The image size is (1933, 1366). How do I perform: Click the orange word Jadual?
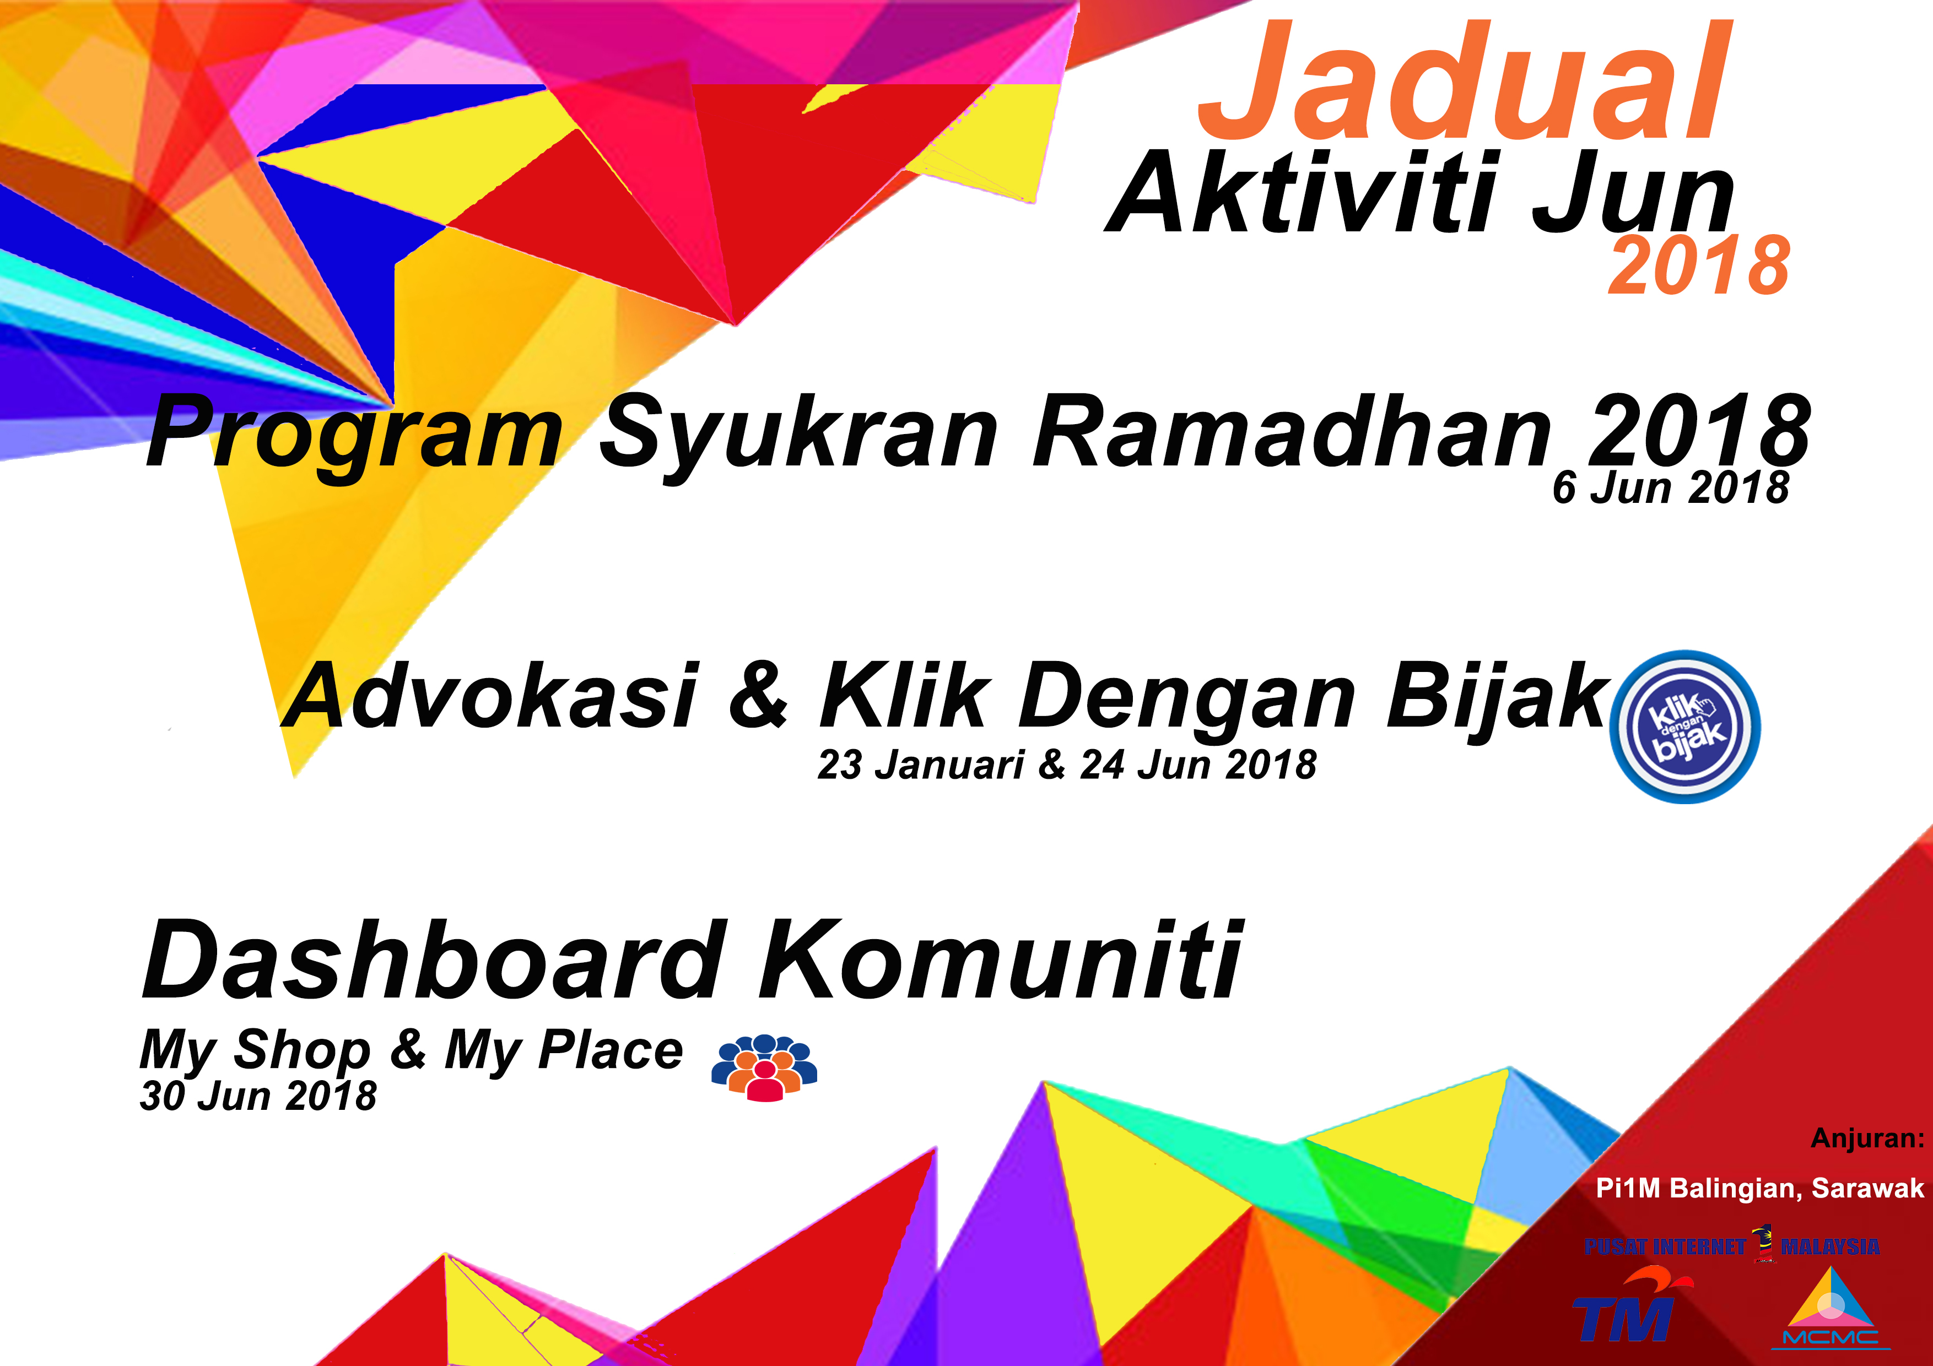[x=1465, y=82]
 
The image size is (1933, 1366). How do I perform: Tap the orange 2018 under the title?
[x=1699, y=266]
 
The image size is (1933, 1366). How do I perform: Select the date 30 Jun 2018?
[x=258, y=1096]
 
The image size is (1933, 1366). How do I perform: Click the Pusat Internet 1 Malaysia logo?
[x=1732, y=1245]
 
